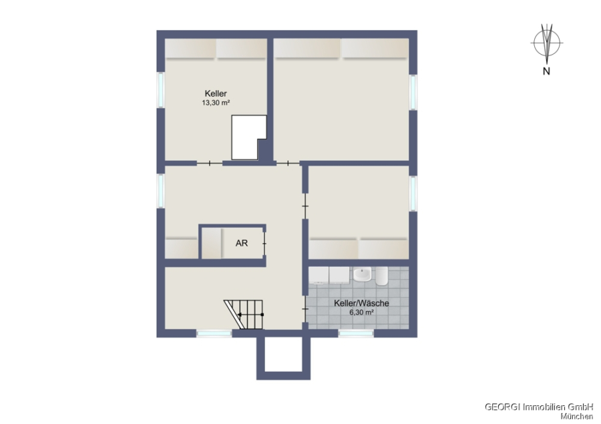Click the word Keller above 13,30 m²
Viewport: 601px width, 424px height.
pyautogui.click(x=216, y=93)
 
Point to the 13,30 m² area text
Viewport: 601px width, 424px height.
pyautogui.click(x=216, y=103)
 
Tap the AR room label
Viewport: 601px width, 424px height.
pyautogui.click(x=242, y=243)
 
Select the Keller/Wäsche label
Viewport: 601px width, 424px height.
pyautogui.click(x=361, y=303)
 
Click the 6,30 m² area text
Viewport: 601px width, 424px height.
pyautogui.click(x=361, y=312)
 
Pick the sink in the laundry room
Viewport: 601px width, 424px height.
pyautogui.click(x=362, y=275)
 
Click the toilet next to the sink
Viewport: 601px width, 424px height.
pyautogui.click(x=382, y=276)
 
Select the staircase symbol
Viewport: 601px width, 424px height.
pyautogui.click(x=244, y=314)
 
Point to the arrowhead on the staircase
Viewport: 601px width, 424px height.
pyautogui.click(x=240, y=314)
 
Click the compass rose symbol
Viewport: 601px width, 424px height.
pyautogui.click(x=547, y=43)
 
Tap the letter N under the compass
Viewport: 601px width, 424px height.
pyautogui.click(x=546, y=71)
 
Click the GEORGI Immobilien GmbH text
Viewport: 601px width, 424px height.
pyautogui.click(x=539, y=407)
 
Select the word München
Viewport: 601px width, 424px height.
pyautogui.click(x=577, y=417)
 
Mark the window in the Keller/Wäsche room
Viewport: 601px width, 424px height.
pyautogui.click(x=356, y=334)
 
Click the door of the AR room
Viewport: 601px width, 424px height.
pyautogui.click(x=264, y=244)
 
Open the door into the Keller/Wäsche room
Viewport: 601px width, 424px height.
pyautogui.click(x=305, y=309)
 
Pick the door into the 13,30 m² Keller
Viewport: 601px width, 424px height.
pyautogui.click(x=210, y=164)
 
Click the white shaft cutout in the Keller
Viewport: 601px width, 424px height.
pyautogui.click(x=248, y=138)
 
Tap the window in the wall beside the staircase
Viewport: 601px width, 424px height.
pyautogui.click(x=214, y=334)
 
